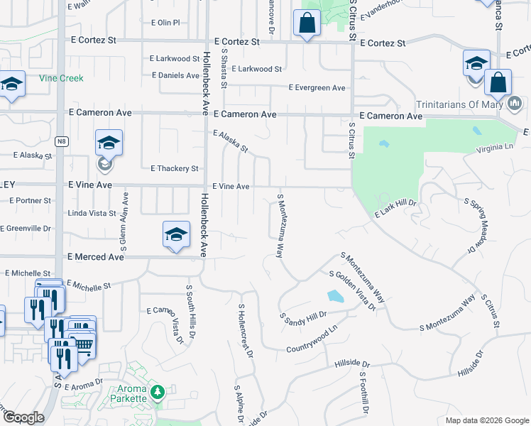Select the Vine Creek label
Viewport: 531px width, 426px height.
(x=61, y=78)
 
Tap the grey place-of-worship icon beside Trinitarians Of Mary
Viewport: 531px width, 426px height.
(x=515, y=105)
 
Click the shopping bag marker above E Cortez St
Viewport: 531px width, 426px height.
(x=307, y=23)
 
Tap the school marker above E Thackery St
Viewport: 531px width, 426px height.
(x=109, y=143)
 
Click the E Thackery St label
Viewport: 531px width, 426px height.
(x=175, y=168)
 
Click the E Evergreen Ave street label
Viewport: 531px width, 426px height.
(x=317, y=87)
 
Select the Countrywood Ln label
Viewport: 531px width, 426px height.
(x=310, y=341)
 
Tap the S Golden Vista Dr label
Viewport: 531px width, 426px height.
(x=352, y=290)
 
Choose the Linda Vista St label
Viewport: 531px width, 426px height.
(x=92, y=213)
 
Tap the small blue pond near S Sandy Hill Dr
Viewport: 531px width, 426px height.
(x=334, y=295)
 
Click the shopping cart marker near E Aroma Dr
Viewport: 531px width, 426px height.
(x=84, y=344)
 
